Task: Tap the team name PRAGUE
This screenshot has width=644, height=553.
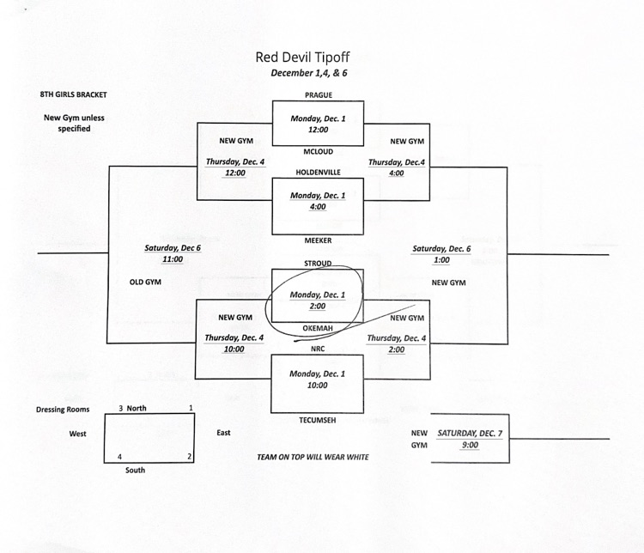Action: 318,95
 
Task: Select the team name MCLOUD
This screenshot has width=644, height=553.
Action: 318,151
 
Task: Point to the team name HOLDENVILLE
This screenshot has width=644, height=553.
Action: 318,172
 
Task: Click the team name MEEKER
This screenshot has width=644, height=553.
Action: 318,240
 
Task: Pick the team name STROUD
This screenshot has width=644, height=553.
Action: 318,263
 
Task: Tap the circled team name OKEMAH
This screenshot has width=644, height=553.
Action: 318,328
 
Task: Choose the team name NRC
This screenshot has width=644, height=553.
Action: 318,349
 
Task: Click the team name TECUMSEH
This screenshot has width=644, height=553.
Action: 318,419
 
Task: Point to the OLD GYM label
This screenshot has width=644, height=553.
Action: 146,282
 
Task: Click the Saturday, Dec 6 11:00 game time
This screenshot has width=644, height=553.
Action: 172,253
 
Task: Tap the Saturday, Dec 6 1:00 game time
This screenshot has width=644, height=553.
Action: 441,254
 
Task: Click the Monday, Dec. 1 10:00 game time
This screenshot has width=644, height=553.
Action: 317,380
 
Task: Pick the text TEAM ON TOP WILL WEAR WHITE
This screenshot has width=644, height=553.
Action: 313,457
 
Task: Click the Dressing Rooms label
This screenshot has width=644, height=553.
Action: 63,410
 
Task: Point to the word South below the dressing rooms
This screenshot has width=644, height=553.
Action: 135,471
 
